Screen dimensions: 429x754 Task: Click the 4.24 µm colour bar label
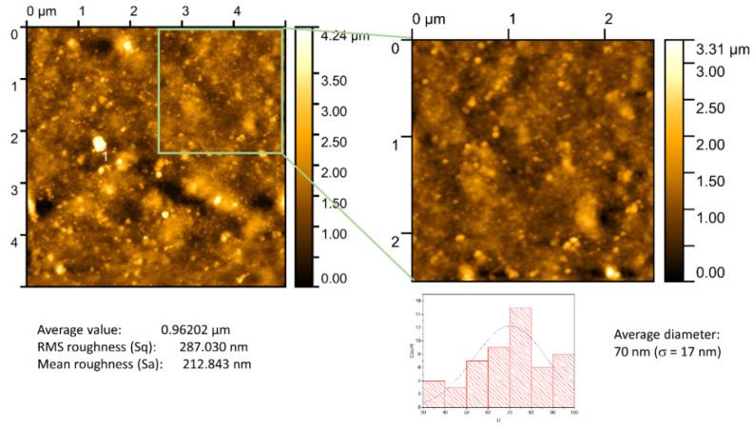click(345, 37)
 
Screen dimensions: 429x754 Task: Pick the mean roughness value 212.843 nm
click(212, 363)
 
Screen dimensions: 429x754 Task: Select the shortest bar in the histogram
click(454, 397)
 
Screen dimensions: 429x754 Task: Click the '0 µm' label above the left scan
click(45, 11)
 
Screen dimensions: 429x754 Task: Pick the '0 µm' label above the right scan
click(428, 19)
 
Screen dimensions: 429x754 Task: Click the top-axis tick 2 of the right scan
click(608, 20)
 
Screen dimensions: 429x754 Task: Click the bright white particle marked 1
click(99, 143)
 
